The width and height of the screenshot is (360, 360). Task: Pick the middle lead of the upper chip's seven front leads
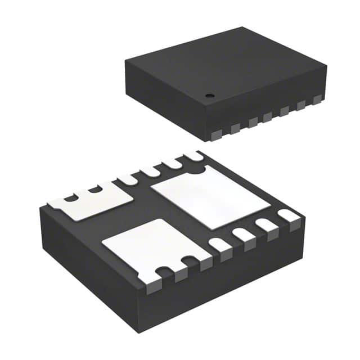pyautogui.click(x=268, y=117)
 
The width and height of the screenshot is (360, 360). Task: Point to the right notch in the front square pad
pyautogui.click(x=190, y=261)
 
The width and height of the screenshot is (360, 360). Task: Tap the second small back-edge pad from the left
pyautogui.click(x=151, y=170)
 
